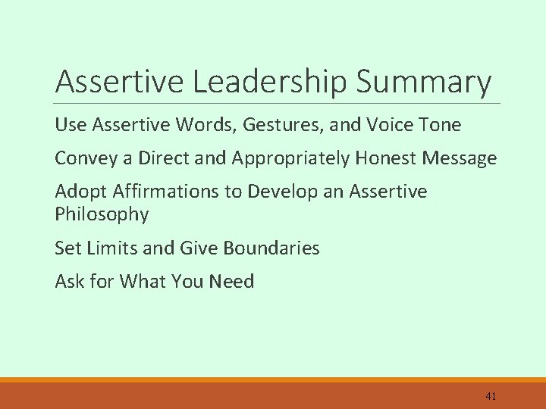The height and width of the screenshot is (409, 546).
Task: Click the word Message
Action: [x=461, y=158]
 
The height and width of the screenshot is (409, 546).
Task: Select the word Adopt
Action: [x=77, y=192]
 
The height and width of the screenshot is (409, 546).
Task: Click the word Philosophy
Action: [x=102, y=214]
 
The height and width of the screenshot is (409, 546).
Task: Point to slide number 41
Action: [x=491, y=395]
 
